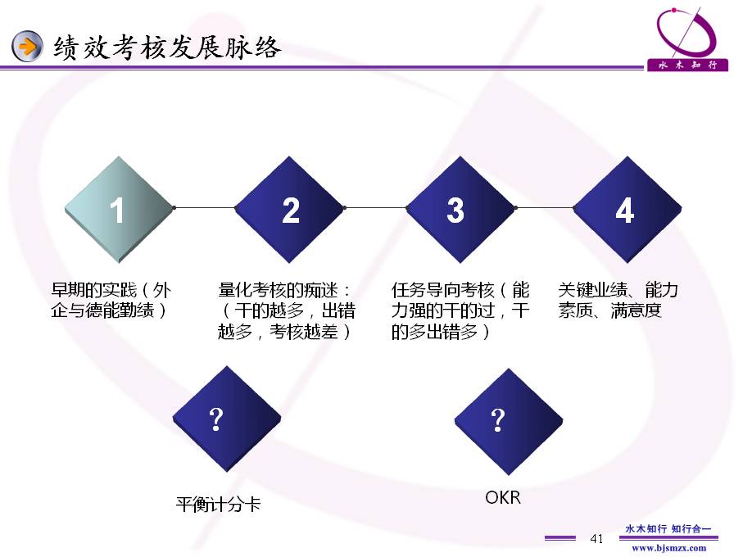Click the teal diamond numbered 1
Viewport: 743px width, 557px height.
(x=119, y=210)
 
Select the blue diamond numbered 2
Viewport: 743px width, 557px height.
(x=289, y=210)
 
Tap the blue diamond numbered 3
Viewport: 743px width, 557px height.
(x=460, y=210)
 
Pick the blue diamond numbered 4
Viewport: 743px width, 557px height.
(x=627, y=210)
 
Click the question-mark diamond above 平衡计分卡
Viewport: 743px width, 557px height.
(x=227, y=419)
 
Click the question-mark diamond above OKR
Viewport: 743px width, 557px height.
(x=509, y=422)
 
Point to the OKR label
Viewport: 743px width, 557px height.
(x=503, y=497)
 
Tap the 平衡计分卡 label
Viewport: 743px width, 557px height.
(x=218, y=504)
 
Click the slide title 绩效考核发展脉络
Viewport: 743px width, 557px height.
(x=167, y=48)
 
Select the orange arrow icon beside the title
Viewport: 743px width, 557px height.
(x=27, y=46)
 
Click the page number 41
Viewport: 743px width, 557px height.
(x=596, y=538)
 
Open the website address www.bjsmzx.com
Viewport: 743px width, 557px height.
(x=668, y=548)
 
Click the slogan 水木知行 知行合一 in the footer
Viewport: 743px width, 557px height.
(x=668, y=528)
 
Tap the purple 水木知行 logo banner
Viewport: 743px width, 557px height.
(x=687, y=65)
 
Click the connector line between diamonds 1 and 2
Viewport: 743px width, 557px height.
(x=205, y=207)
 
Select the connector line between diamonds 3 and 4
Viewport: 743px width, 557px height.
(x=545, y=207)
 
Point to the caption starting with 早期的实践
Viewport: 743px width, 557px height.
(x=111, y=300)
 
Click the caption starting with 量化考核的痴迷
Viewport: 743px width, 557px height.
(x=286, y=310)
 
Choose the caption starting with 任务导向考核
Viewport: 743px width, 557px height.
(x=460, y=310)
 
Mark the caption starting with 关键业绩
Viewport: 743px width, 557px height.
(x=618, y=300)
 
